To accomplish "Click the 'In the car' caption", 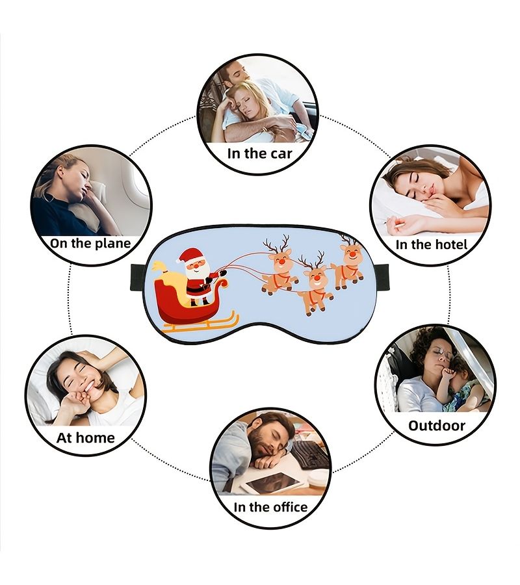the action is point(259,153).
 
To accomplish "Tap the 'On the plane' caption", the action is point(90,243).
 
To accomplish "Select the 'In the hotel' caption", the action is point(431,245).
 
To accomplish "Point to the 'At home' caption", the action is point(85,437).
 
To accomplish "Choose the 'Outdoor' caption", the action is point(436,426).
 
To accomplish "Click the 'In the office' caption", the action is point(270,507).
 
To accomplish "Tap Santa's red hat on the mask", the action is point(190,255).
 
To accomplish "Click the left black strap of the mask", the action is point(142,277).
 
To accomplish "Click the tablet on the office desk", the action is point(274,482).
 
